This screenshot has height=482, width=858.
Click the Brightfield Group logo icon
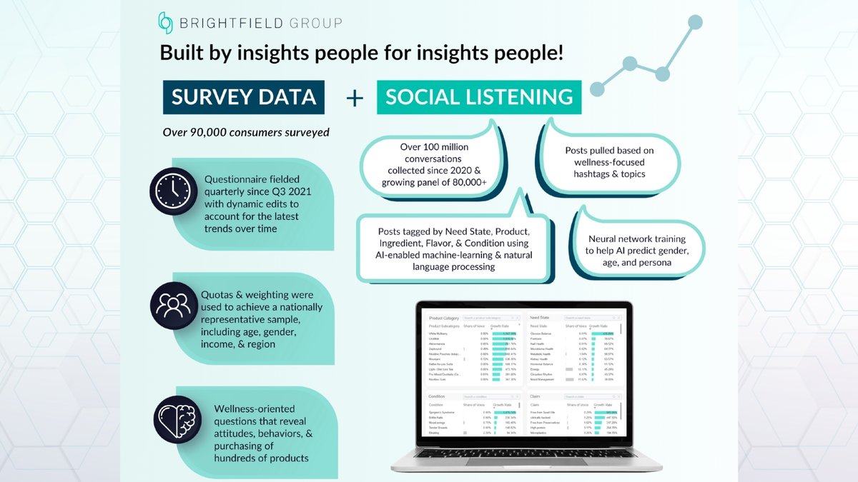click(166, 22)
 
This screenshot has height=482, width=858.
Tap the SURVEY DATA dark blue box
click(243, 96)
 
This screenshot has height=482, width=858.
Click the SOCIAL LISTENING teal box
click(479, 97)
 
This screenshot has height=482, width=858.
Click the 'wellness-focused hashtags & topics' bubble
click(609, 162)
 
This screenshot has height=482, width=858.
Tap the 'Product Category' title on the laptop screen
click(444, 317)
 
